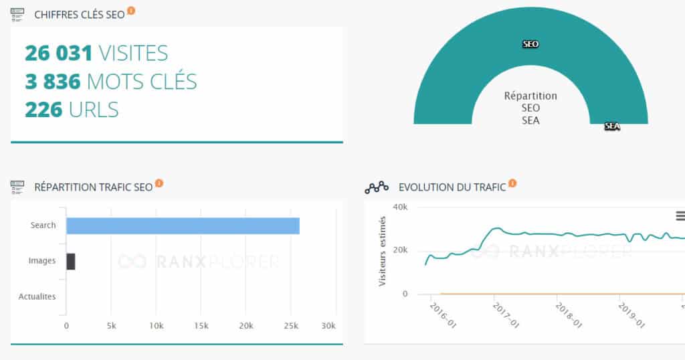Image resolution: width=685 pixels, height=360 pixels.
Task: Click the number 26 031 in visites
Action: tap(59, 54)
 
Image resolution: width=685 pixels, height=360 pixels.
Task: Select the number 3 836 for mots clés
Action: tap(53, 81)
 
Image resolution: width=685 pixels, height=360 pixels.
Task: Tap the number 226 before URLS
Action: tap(43, 109)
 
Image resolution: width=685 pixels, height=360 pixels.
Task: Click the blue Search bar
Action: tap(183, 226)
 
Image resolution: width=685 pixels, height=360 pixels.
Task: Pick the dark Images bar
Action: tap(71, 261)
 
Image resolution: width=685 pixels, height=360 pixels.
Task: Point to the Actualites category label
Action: tap(37, 296)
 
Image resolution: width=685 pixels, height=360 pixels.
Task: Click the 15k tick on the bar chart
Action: tap(201, 326)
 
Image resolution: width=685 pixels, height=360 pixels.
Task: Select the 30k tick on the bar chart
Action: tap(328, 326)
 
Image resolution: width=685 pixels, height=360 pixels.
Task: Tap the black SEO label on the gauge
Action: tap(530, 44)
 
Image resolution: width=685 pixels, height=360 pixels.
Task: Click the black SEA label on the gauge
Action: tap(612, 126)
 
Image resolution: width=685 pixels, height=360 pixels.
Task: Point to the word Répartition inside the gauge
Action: tap(530, 96)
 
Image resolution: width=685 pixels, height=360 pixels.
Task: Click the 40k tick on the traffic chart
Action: tap(400, 207)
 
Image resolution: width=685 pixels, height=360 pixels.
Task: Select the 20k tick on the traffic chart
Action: tap(400, 250)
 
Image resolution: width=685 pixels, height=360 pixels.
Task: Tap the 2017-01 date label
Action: tap(506, 315)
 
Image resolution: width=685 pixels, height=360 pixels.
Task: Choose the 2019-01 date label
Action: tap(631, 315)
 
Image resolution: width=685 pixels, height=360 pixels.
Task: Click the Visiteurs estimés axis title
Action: tap(382, 251)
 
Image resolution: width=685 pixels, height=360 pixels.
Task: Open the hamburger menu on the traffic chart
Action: tap(680, 216)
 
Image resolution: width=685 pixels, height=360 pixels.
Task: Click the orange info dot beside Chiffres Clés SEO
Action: tap(131, 11)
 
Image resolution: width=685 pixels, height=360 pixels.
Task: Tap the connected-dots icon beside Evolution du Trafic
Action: tap(377, 187)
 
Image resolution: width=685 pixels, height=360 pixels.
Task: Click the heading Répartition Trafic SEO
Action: tap(94, 187)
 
